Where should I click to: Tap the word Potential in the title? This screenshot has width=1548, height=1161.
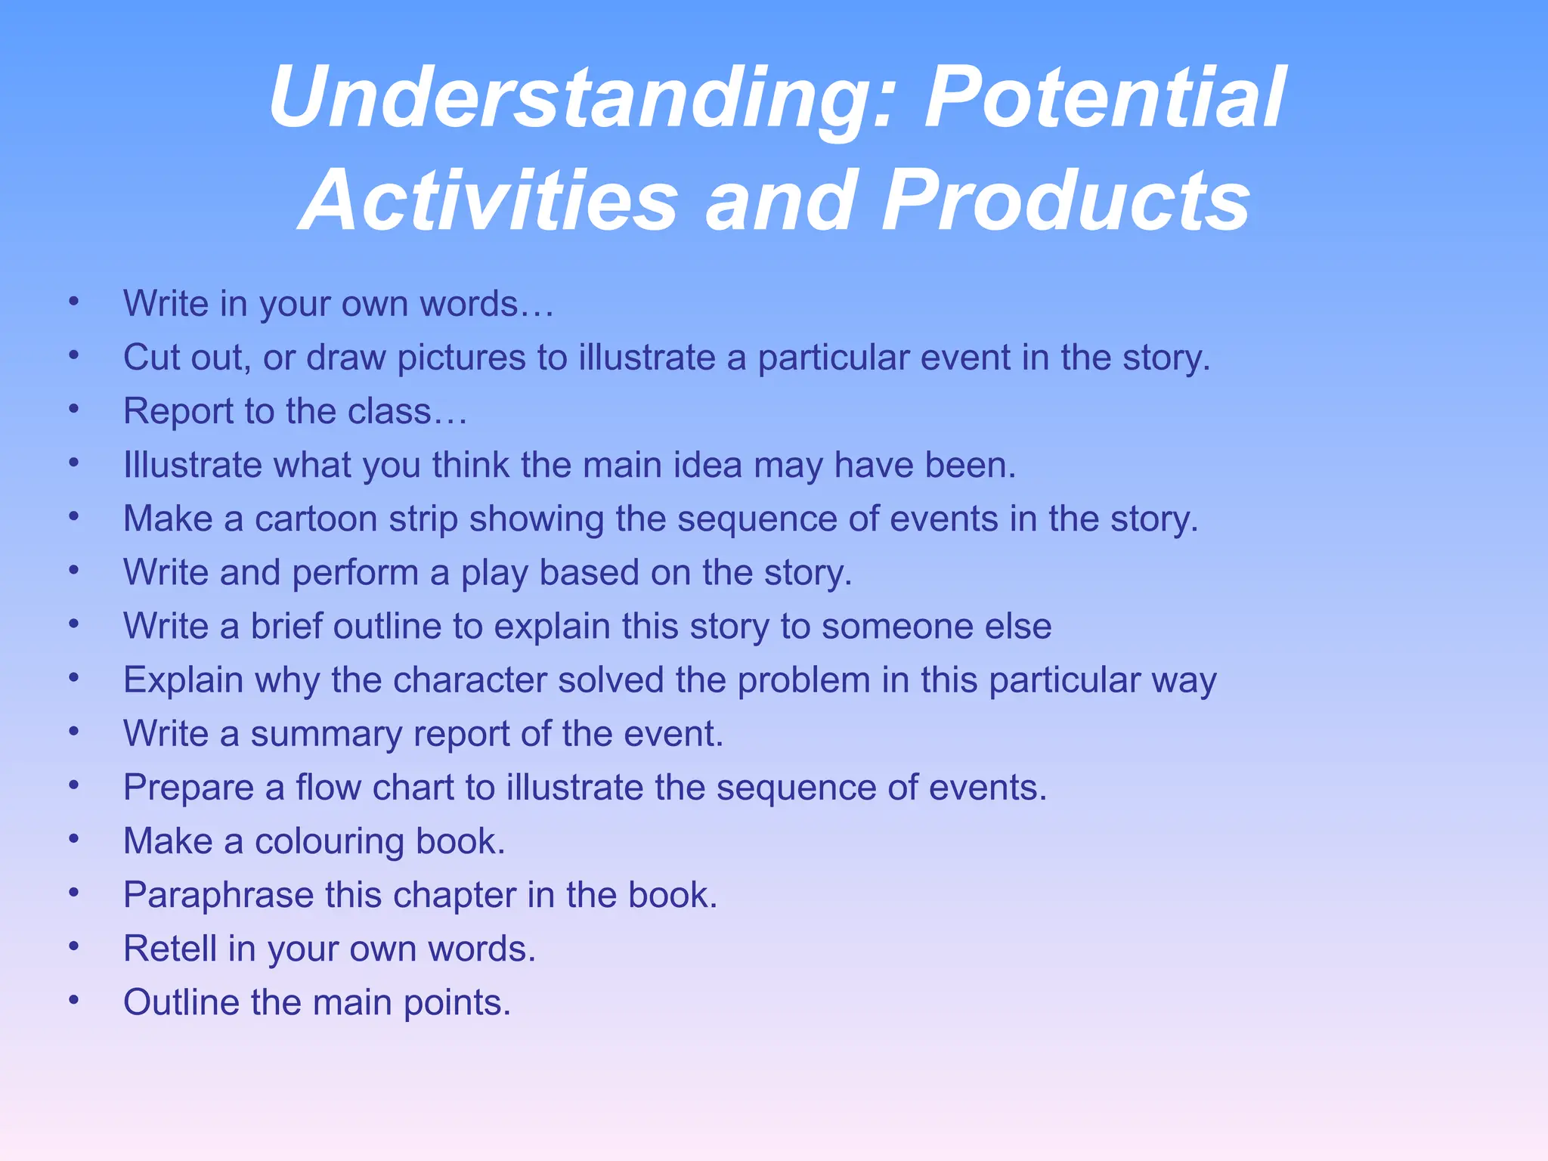pos(1104,98)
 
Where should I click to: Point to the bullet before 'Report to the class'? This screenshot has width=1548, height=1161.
pos(73,409)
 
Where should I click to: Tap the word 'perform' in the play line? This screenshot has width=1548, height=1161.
pos(355,573)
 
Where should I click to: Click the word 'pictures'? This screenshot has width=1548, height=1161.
pos(461,358)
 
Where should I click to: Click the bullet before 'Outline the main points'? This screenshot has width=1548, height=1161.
pos(73,1000)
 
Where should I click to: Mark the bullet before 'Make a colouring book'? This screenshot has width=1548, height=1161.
pos(73,839)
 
